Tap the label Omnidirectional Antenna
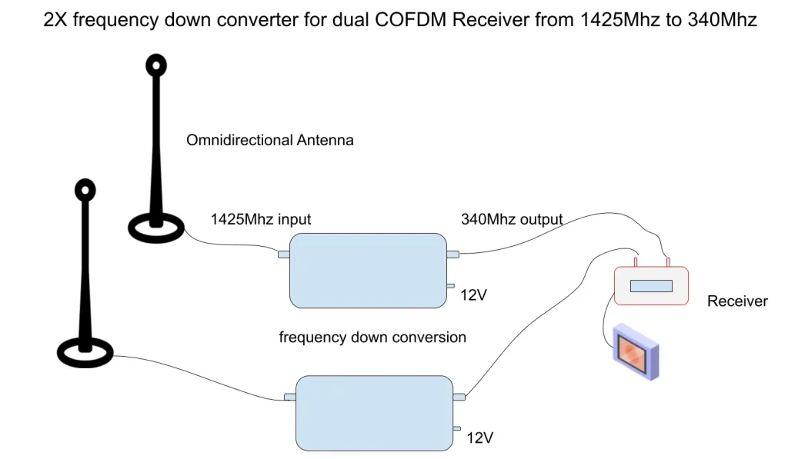(270, 140)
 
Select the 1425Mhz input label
(261, 219)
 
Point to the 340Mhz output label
(512, 219)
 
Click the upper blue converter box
(368, 271)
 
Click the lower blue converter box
(375, 413)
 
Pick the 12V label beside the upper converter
(473, 295)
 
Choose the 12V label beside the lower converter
(480, 438)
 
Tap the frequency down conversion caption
(372, 337)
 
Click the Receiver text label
(737, 301)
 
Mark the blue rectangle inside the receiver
(651, 286)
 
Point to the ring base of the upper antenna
(155, 227)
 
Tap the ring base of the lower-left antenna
(85, 352)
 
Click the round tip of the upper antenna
(156, 65)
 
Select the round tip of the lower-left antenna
(85, 189)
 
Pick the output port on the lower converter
(459, 397)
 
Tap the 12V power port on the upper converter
(450, 287)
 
